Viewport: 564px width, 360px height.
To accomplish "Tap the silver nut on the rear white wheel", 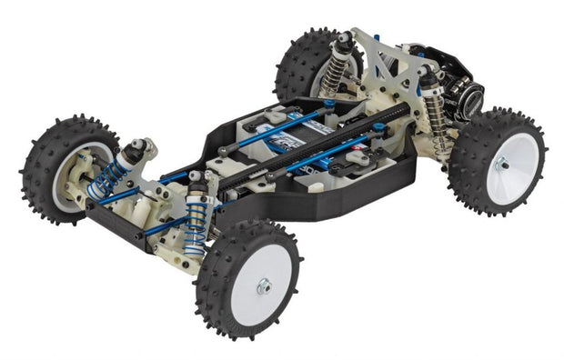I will coord(500,165).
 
